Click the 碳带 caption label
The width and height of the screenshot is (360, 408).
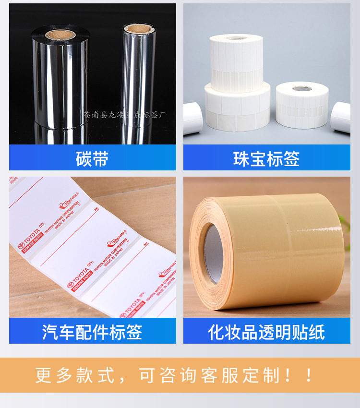(x=92, y=158)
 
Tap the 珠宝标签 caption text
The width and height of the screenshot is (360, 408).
(x=266, y=158)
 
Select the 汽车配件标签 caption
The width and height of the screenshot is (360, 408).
(x=92, y=332)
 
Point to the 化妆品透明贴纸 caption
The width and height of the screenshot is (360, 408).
(x=266, y=332)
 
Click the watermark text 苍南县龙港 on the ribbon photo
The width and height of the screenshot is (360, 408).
(x=103, y=115)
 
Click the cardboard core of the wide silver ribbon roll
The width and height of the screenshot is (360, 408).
(x=61, y=35)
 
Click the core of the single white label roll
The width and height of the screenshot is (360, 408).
(x=302, y=88)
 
